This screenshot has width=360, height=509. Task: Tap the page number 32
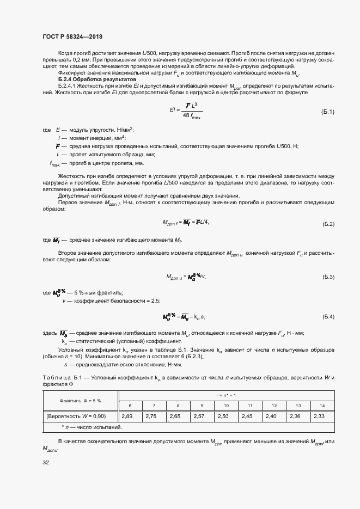click(x=46, y=463)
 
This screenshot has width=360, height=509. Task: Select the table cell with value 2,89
click(x=130, y=416)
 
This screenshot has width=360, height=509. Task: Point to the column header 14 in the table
click(x=322, y=406)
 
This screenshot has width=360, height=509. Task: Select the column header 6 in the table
click(x=130, y=406)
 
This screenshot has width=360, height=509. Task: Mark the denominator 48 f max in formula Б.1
click(x=191, y=116)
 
